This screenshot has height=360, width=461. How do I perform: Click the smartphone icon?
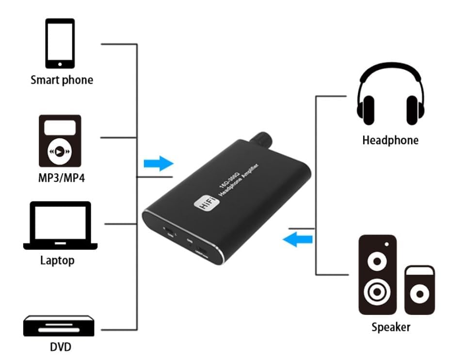(x=60, y=43)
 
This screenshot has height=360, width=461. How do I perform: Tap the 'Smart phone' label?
(x=62, y=80)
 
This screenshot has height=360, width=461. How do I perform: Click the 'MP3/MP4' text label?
(x=62, y=178)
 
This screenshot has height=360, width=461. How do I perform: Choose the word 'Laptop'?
(x=57, y=261)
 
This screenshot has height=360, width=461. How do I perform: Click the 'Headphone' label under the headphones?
(x=390, y=141)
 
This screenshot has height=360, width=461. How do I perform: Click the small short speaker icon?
(x=419, y=290)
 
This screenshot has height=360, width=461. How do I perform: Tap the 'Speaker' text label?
(x=391, y=327)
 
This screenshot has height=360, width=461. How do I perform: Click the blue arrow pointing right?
(x=159, y=164)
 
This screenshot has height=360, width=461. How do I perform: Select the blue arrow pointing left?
(x=298, y=239)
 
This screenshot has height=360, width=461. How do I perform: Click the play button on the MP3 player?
(x=59, y=151)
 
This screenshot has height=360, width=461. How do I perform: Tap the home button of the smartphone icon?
(x=60, y=63)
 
